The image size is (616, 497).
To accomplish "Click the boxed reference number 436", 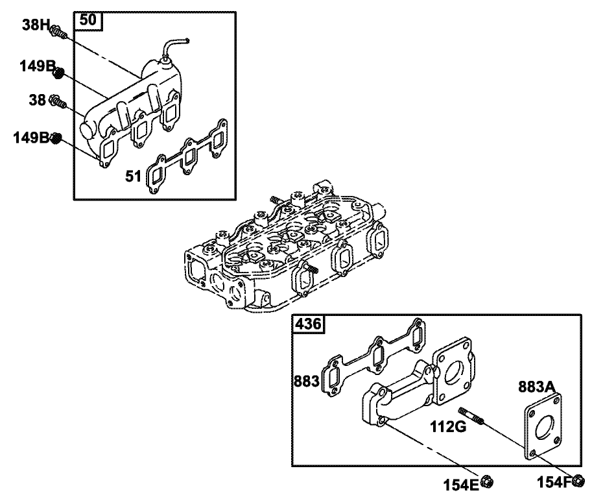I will tap(308, 324).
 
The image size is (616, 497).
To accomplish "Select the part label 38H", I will tap(36, 25).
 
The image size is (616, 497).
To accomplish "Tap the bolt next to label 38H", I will tap(59, 31).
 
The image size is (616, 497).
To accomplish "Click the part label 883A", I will tap(538, 387).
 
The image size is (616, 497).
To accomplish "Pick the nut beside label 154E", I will tap(490, 481).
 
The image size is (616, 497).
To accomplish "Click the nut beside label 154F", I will tap(579, 481).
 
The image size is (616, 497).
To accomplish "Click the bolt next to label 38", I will tap(58, 102).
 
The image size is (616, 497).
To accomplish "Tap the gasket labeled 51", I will tap(188, 156).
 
